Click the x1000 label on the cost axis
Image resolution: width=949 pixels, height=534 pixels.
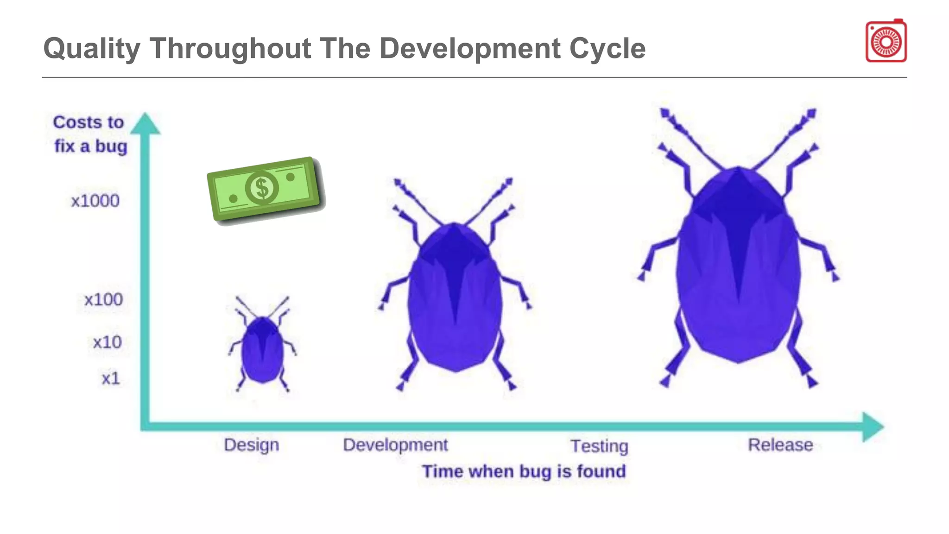[95, 201]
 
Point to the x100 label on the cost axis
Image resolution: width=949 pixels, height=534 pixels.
[103, 300]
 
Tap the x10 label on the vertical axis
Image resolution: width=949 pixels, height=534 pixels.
[107, 343]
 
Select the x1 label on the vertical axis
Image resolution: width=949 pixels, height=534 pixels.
[111, 379]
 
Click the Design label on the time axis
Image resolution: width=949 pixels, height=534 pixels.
[251, 445]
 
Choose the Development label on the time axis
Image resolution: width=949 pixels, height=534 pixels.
[395, 445]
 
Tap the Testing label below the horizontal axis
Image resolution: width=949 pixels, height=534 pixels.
[599, 446]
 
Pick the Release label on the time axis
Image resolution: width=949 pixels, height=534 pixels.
[780, 445]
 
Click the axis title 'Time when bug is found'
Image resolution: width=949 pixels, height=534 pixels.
[524, 472]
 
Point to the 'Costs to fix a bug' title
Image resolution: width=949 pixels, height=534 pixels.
[90, 134]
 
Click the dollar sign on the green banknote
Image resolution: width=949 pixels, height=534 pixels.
[262, 188]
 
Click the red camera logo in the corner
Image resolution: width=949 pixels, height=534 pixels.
[886, 41]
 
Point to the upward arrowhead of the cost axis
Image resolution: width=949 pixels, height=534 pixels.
[145, 124]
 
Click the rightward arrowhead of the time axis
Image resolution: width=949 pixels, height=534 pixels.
[872, 426]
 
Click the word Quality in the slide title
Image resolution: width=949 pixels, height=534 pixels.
[92, 49]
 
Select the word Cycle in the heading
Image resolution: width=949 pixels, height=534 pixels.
[607, 49]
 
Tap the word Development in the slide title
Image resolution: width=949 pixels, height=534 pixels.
[470, 49]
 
